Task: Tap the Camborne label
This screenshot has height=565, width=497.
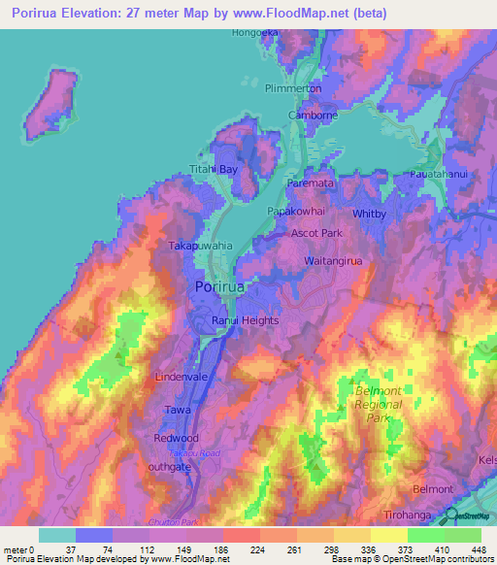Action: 313,115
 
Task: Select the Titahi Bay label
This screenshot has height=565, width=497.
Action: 214,169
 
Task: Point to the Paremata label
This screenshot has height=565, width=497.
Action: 311,182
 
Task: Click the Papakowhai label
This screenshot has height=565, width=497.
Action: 297,210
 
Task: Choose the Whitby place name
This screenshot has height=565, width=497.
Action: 369,213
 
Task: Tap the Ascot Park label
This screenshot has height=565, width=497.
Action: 318,234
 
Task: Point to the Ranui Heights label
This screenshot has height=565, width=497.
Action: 246,320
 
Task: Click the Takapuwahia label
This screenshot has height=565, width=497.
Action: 201,247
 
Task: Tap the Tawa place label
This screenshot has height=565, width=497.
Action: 177,410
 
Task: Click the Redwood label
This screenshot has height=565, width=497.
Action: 176,438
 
